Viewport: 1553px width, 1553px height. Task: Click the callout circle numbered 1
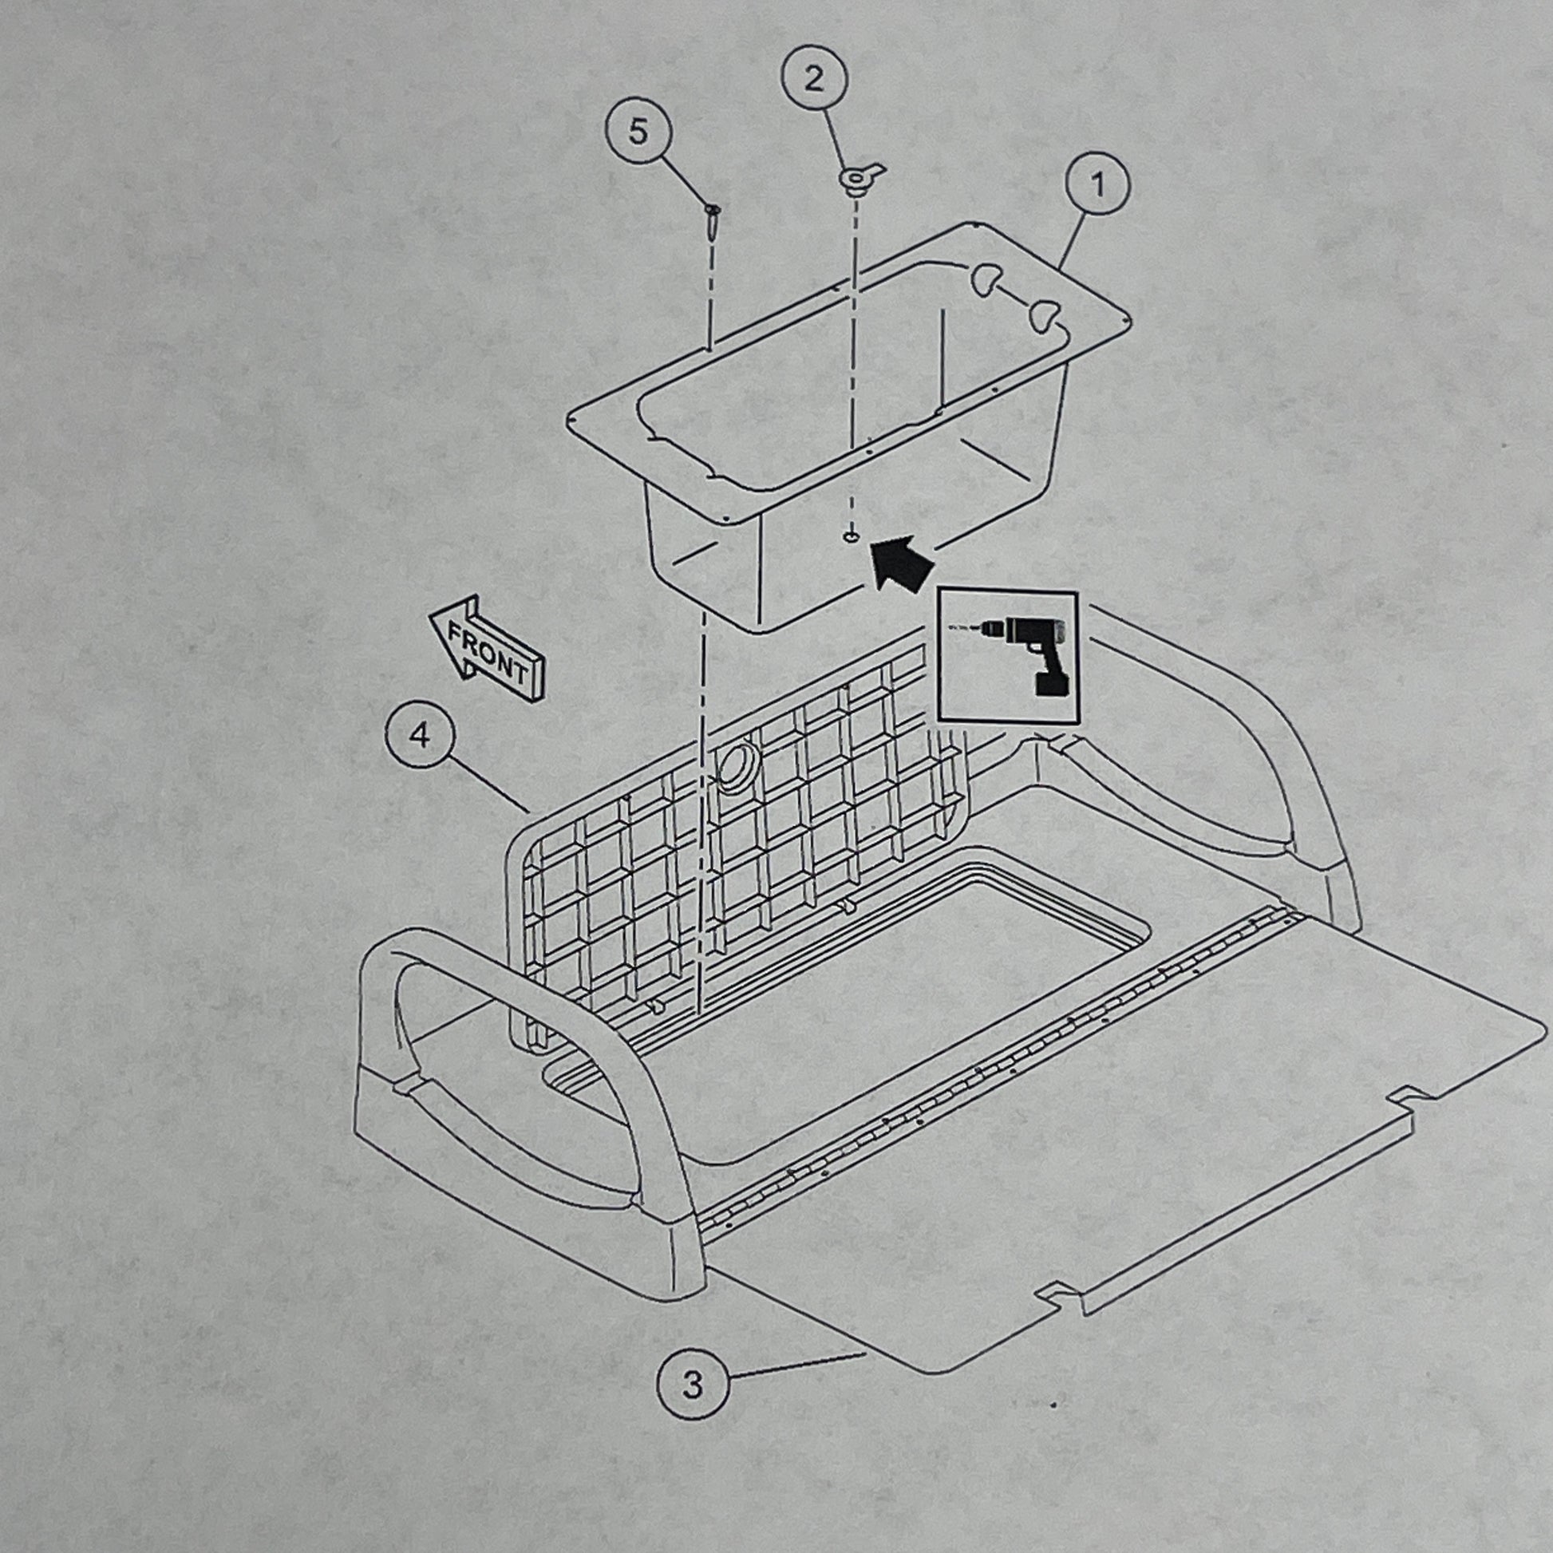click(x=1097, y=187)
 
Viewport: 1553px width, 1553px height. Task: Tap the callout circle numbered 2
click(x=814, y=80)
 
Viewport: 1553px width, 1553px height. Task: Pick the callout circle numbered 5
click(x=638, y=132)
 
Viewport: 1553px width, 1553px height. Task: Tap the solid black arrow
click(x=901, y=564)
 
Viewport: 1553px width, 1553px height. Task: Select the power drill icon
click(x=1007, y=656)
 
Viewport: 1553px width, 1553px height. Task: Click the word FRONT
click(x=488, y=651)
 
